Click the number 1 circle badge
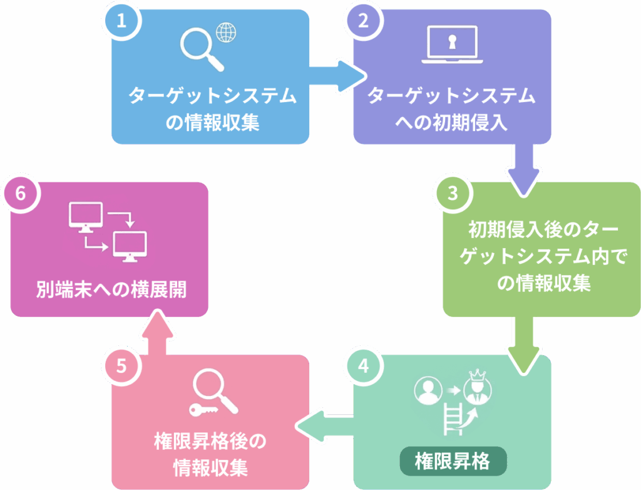[x=122, y=21]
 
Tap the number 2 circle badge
[x=363, y=21]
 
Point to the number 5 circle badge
[x=122, y=366]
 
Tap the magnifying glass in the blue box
[x=201, y=49]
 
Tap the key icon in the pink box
[x=203, y=410]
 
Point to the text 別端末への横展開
[x=110, y=290]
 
